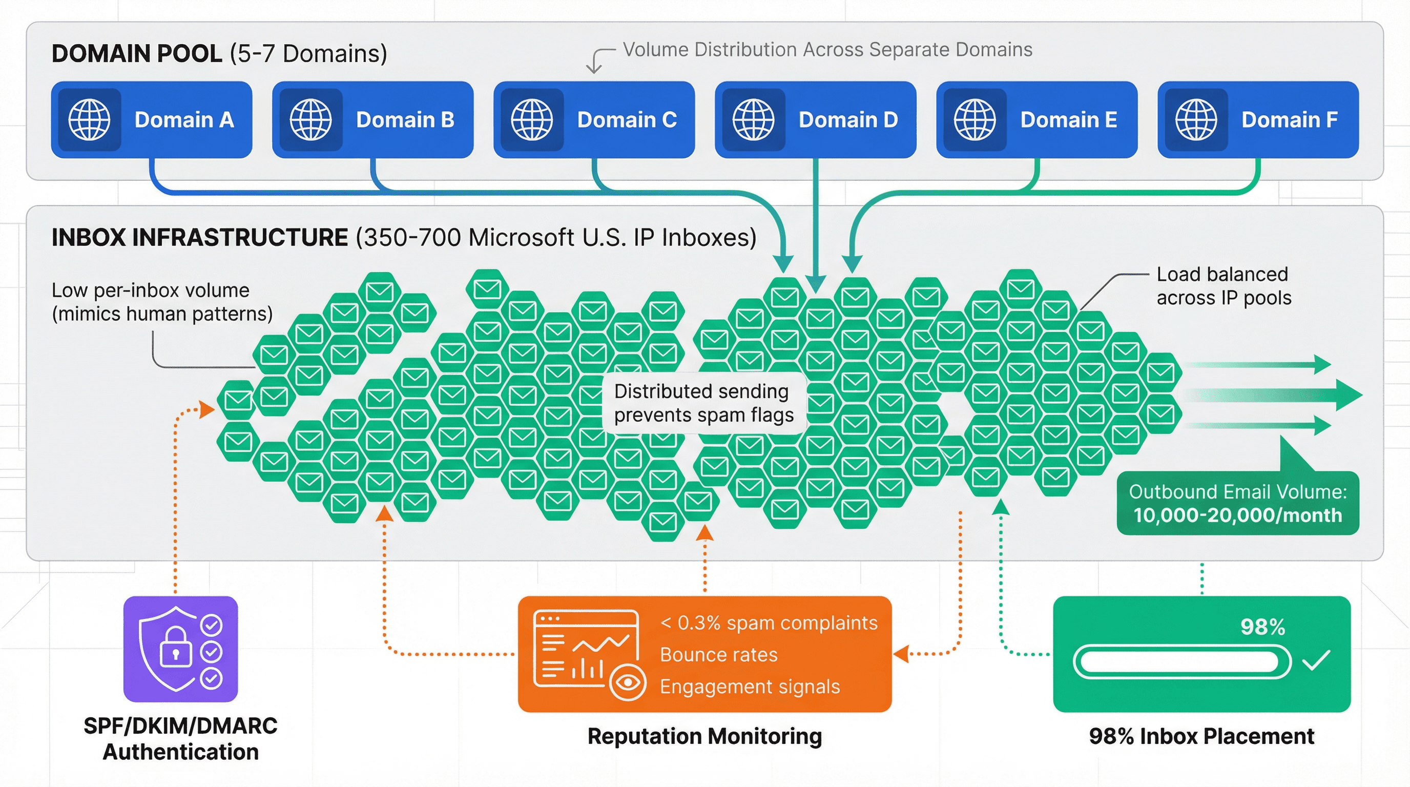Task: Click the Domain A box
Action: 151,119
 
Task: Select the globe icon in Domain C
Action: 531,119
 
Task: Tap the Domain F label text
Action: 1289,119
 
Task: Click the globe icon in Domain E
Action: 974,119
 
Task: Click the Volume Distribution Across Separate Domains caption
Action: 827,50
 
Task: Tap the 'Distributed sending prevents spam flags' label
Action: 703,403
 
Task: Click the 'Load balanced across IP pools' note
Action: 1224,286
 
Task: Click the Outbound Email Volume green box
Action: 1237,504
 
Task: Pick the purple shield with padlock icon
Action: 180,649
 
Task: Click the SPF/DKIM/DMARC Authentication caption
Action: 180,738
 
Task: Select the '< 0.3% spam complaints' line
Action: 769,623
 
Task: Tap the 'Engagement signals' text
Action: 750,686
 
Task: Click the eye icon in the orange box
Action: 627,682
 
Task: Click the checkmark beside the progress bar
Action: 1316,660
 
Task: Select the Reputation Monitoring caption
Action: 704,736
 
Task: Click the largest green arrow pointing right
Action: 1336,395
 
